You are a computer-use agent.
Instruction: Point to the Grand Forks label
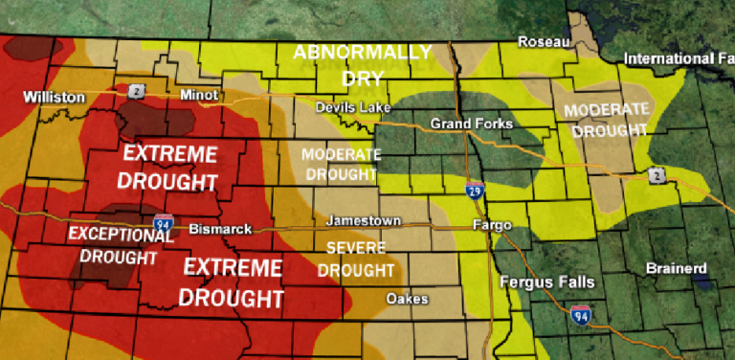point(471,124)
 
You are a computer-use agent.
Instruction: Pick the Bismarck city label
point(220,230)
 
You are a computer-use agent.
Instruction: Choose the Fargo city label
point(492,225)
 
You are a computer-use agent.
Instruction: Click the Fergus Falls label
point(546,282)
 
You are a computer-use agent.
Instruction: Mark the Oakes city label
point(407,300)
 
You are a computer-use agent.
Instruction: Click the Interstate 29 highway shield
point(475,191)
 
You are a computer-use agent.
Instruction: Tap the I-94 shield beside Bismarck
point(163,225)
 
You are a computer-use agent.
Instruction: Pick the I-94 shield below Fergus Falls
point(580,313)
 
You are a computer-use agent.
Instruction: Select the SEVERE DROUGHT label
point(355,261)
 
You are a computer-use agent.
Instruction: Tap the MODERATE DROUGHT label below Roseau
point(606,119)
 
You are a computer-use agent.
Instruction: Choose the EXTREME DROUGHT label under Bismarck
point(233,281)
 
